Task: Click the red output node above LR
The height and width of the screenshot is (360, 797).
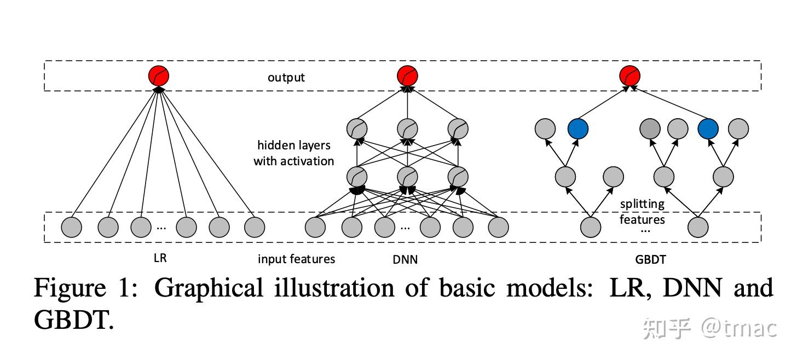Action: pyautogui.click(x=159, y=76)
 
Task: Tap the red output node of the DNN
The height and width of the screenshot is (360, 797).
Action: pyautogui.click(x=408, y=76)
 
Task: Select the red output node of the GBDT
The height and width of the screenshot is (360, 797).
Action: pyautogui.click(x=629, y=76)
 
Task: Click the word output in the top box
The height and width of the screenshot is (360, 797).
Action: pyautogui.click(x=286, y=78)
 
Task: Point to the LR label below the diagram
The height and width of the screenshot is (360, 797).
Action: pyautogui.click(x=160, y=259)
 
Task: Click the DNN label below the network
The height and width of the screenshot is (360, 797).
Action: pyautogui.click(x=405, y=260)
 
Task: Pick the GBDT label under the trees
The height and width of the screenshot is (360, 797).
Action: pyautogui.click(x=650, y=260)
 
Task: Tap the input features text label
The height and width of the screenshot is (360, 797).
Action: pyautogui.click(x=296, y=259)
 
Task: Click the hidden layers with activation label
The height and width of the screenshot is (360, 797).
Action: pyautogui.click(x=294, y=153)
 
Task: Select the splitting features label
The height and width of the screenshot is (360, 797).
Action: pyautogui.click(x=642, y=212)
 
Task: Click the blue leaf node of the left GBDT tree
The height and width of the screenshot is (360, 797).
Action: pyautogui.click(x=578, y=129)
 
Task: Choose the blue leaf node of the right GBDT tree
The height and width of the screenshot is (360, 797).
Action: pyautogui.click(x=708, y=129)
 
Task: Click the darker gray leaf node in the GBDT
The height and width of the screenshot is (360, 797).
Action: pyautogui.click(x=650, y=129)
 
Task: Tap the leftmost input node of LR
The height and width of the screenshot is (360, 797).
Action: pyautogui.click(x=71, y=227)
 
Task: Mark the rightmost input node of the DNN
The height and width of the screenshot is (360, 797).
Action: pyautogui.click(x=498, y=227)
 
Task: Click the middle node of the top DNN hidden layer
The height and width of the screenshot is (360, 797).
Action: pyautogui.click(x=408, y=129)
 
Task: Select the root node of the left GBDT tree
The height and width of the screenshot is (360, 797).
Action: pyautogui.click(x=591, y=227)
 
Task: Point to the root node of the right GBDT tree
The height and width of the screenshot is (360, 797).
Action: pyautogui.click(x=698, y=227)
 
